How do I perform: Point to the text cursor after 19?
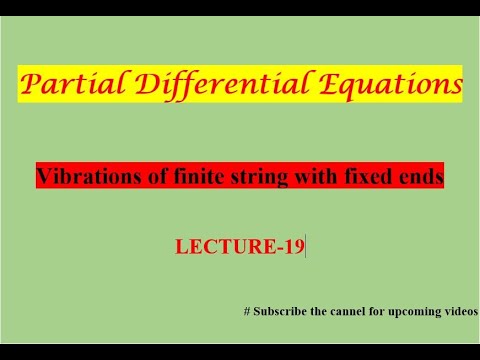[x=305, y=245]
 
